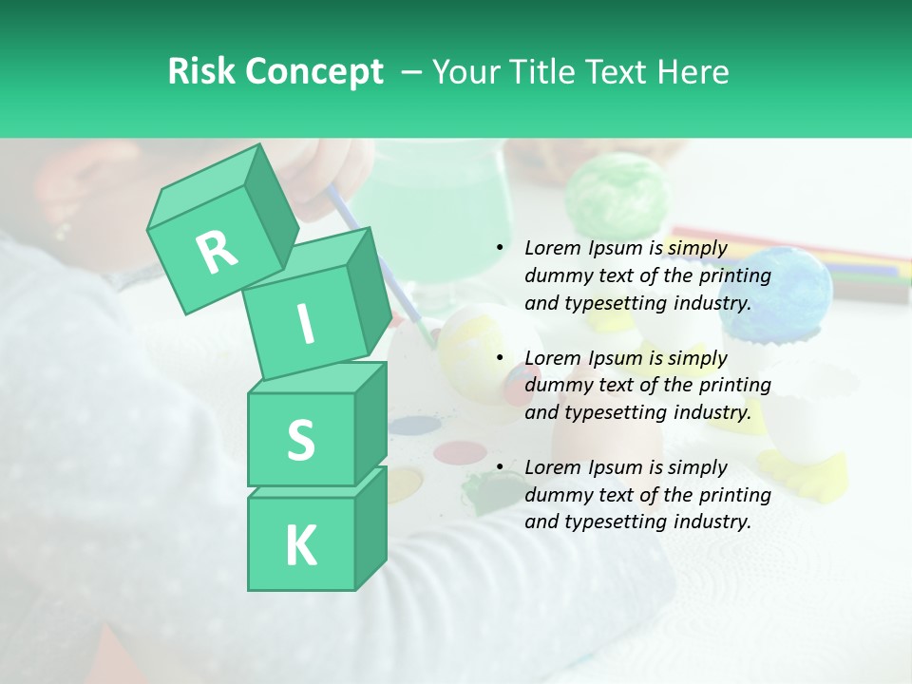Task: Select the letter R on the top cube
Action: [x=217, y=251]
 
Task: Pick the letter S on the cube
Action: [x=300, y=440]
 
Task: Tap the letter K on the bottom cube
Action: [x=300, y=546]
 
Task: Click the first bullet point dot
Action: [x=500, y=249]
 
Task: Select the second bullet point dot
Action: [x=500, y=358]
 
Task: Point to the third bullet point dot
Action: [x=500, y=467]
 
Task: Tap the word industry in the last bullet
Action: [x=712, y=522]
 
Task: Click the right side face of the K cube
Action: [x=370, y=527]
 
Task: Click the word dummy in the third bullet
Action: [x=556, y=494]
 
